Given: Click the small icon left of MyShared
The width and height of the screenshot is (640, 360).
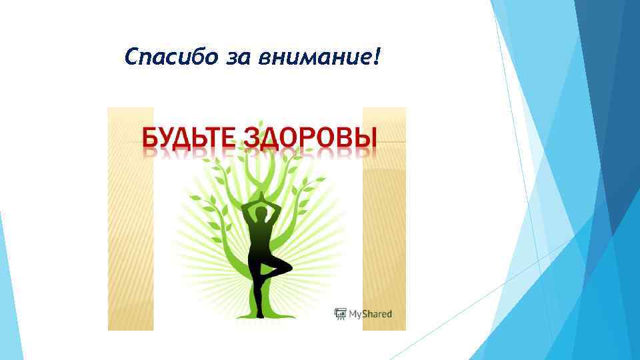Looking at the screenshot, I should click(340, 314).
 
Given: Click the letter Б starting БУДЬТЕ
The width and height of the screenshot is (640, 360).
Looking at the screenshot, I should click(151, 138).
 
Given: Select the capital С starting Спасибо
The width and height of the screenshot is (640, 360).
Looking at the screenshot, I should click(131, 57).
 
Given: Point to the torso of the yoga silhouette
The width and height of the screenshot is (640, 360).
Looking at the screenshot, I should click(261, 240).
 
